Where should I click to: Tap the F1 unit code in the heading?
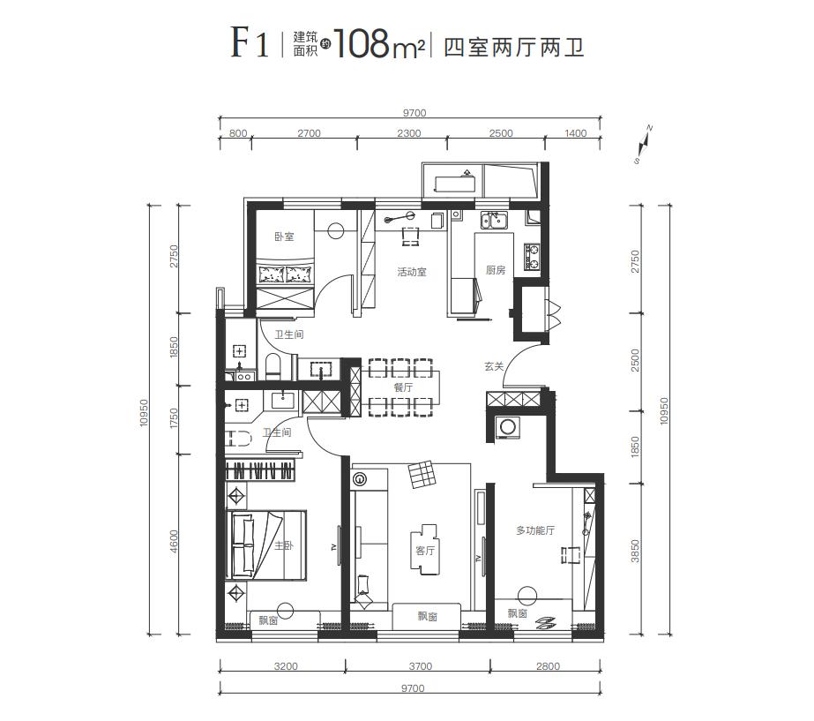point(250,43)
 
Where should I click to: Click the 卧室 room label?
point(283,237)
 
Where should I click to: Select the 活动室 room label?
point(411,272)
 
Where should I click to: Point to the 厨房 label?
point(495,271)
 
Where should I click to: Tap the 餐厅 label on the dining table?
point(403,387)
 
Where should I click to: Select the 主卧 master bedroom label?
point(283,546)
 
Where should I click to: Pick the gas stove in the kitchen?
point(533,257)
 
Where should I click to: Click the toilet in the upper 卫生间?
point(272,366)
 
